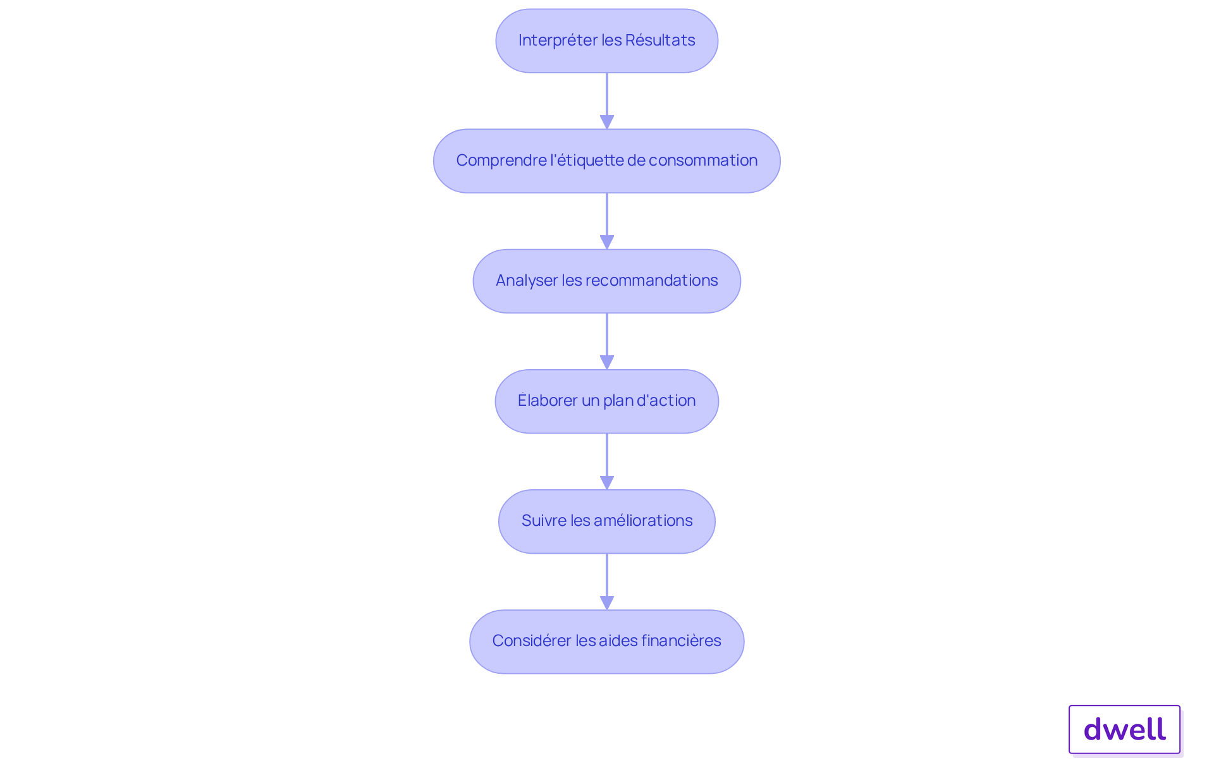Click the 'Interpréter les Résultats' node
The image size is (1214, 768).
coord(607,40)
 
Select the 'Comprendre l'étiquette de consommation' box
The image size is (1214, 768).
coord(607,161)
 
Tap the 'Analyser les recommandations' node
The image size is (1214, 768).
coord(607,281)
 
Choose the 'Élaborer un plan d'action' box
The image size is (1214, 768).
coord(607,401)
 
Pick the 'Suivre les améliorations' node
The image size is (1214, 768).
coord(607,521)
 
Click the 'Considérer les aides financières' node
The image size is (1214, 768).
coord(607,642)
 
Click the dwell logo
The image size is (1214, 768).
coord(1125,729)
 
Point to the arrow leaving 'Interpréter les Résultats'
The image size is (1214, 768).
coord(607,101)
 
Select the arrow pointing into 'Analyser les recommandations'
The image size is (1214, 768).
coord(607,221)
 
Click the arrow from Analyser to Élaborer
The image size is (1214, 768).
coord(607,341)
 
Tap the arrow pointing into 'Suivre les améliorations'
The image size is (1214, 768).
coord(607,461)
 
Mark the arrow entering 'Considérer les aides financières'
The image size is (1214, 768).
coord(607,582)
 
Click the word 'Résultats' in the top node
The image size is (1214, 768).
coord(660,40)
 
